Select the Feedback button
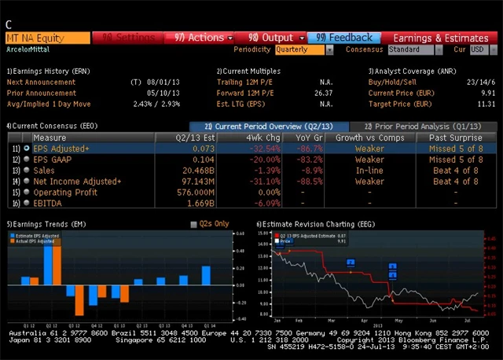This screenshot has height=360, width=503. click(344, 38)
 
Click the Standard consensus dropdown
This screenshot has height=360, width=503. click(415, 50)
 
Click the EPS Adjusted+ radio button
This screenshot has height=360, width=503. click(27, 148)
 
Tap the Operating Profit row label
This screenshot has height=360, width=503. click(65, 193)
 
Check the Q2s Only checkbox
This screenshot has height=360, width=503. click(193, 224)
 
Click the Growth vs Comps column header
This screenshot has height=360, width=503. click(369, 138)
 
